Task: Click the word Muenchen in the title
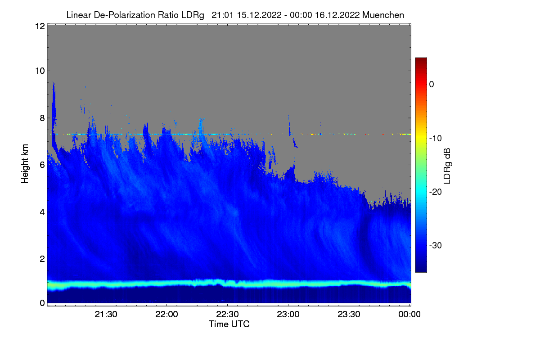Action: point(383,15)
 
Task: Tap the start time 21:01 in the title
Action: point(222,15)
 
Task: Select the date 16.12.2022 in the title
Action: point(337,15)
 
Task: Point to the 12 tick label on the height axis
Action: point(40,26)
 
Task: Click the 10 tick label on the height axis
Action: point(40,71)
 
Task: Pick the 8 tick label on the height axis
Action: point(42,118)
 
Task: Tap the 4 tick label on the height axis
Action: point(42,212)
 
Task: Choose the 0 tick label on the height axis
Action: point(42,303)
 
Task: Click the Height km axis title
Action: point(25,164)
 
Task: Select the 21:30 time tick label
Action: point(106,314)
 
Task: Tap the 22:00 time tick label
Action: point(166,314)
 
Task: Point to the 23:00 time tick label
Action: point(288,314)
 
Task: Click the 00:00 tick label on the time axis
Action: point(409,314)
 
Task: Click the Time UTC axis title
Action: point(229,324)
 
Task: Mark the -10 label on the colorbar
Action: point(436,139)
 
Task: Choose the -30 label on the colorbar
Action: point(436,245)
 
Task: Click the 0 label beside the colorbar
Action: point(432,85)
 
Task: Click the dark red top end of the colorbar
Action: point(421,59)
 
